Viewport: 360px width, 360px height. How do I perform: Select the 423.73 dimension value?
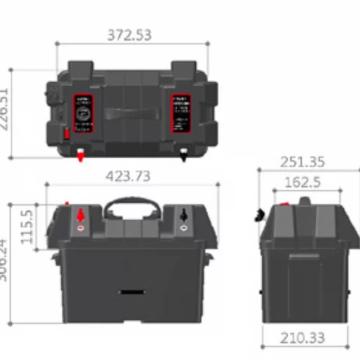pyautogui.click(x=127, y=176)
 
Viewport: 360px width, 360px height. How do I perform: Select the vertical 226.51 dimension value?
pyautogui.click(x=6, y=113)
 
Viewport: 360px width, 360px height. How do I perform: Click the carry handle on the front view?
pyautogui.click(x=132, y=205)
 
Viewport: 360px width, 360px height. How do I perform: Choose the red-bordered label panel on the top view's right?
pyautogui.click(x=182, y=113)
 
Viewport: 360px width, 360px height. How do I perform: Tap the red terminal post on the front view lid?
pyautogui.click(x=80, y=214)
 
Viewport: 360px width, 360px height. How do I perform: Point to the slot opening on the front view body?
pyautogui.click(x=132, y=290)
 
